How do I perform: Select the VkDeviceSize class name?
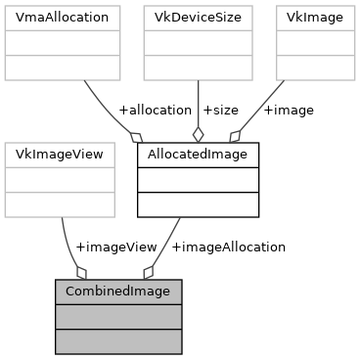pos(198,18)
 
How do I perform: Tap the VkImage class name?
pos(315,18)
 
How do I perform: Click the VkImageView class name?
pos(61,155)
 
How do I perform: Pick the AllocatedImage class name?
pos(198,155)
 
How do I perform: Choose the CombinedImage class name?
pos(117,292)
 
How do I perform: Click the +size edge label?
pos(219,110)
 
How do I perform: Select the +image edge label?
pos(288,110)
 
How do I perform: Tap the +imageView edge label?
pos(115,247)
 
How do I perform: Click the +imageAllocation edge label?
pos(228,247)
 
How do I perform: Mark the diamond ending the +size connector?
pos(199,134)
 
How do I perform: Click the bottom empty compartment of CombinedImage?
pos(117,341)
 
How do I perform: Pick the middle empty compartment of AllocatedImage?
pos(198,180)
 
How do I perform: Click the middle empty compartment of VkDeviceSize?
pos(198,43)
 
